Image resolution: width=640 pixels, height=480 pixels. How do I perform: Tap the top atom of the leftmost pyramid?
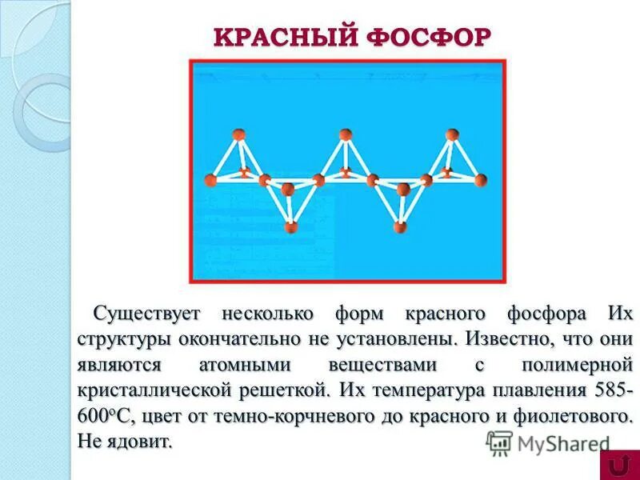[238, 135]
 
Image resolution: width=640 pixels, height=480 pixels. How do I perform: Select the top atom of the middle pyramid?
[346, 134]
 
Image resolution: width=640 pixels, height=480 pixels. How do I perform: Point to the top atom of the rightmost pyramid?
[452, 134]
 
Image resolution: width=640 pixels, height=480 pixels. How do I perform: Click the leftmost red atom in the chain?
[211, 180]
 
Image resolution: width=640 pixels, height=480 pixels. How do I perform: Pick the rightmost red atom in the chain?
[478, 180]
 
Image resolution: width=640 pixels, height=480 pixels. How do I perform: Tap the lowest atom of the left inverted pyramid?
[291, 228]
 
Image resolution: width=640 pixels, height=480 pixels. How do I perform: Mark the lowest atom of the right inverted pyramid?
[399, 229]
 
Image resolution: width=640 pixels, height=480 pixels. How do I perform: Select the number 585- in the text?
[610, 391]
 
